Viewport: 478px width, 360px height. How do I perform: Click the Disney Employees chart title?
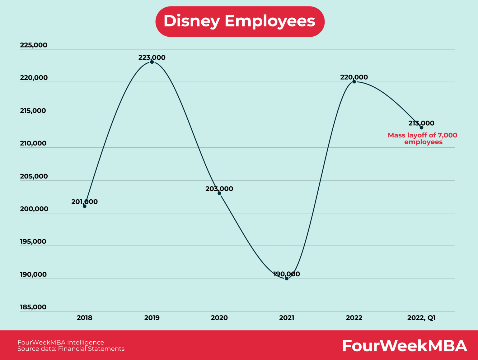click(x=240, y=21)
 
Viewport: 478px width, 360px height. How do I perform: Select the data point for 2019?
click(x=152, y=62)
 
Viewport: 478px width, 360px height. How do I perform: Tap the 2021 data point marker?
click(x=287, y=278)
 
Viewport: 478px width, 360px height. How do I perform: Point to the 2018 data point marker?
click(x=85, y=206)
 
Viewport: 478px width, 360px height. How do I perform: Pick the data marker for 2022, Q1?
click(x=421, y=127)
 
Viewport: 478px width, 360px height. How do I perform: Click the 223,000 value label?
click(x=152, y=58)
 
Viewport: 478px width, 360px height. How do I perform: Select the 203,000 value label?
click(x=219, y=189)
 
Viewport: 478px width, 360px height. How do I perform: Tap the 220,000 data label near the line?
click(x=354, y=77)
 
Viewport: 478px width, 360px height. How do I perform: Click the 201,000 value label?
click(x=84, y=202)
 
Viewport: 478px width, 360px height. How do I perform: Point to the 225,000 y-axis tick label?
click(x=34, y=45)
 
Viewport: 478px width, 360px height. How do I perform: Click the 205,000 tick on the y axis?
click(x=34, y=176)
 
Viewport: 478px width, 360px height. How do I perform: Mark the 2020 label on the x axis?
click(x=219, y=318)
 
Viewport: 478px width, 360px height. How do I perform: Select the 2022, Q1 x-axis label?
click(x=421, y=318)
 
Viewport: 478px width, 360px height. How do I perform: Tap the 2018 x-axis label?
click(x=85, y=318)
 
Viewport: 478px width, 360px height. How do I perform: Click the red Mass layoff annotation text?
click(x=423, y=139)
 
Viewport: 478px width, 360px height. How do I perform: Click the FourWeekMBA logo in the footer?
click(x=405, y=346)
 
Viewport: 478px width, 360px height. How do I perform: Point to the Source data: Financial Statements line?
click(x=71, y=349)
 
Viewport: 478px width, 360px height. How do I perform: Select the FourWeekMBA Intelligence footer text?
click(x=61, y=342)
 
